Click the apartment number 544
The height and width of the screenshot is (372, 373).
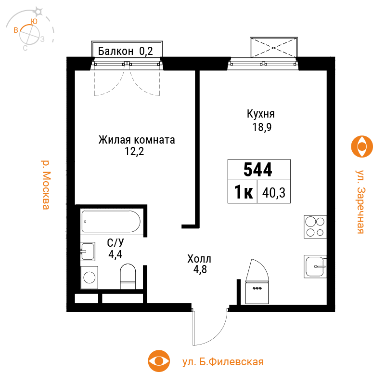[257, 170]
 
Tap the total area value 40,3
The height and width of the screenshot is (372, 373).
[273, 192]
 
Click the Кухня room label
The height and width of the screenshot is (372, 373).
[261, 114]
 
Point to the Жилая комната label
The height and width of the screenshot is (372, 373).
[137, 140]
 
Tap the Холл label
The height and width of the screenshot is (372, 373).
[199, 259]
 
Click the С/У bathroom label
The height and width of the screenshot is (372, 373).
[116, 243]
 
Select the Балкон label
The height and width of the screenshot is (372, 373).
[116, 51]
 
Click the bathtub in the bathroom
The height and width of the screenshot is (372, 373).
[111, 221]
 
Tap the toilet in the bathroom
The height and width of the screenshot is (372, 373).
[128, 276]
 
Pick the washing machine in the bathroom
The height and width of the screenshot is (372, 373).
[89, 278]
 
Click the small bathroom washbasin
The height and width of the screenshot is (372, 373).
[88, 251]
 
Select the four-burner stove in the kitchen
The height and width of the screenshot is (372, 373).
[315, 227]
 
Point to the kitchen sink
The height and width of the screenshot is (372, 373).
[315, 266]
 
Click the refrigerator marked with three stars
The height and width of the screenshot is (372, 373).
[257, 292]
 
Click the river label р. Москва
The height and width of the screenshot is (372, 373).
[45, 185]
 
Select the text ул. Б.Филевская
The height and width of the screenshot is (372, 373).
[223, 362]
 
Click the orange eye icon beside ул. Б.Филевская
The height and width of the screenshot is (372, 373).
[159, 361]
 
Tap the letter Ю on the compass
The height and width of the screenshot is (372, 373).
[35, 21]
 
